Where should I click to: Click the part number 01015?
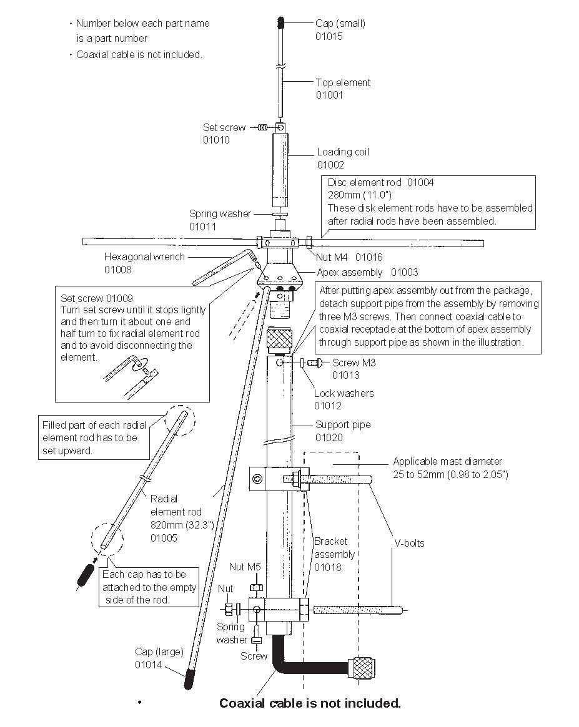[x=329, y=36]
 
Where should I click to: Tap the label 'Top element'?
[x=343, y=82]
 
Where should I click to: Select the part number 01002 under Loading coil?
[x=330, y=165]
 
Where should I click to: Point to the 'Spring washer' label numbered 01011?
[x=220, y=213]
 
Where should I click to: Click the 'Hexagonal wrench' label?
[x=144, y=256]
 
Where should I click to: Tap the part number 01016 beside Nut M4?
[x=369, y=257]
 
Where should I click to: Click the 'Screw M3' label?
[x=354, y=363]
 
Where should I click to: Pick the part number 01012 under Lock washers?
[x=328, y=406]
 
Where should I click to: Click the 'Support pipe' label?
[x=342, y=424]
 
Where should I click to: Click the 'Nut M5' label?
[x=244, y=567]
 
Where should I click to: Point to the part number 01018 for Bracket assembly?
[x=327, y=567]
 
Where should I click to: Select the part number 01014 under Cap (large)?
[x=149, y=665]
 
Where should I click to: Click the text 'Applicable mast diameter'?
[x=447, y=462]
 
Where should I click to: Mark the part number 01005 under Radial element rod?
[x=164, y=537]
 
